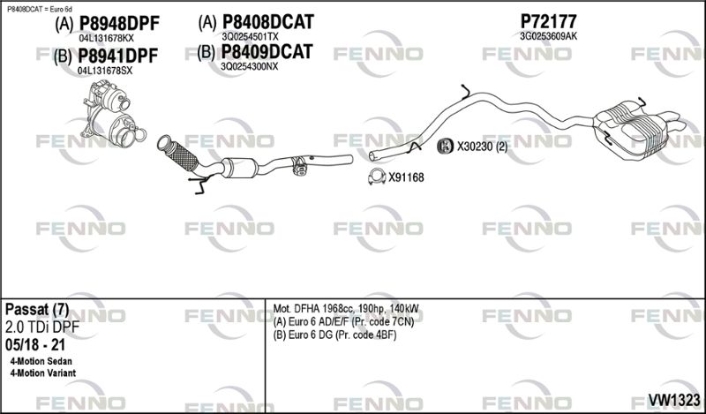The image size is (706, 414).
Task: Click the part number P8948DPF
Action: pos(119,24)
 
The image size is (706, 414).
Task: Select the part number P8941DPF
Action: pos(118,56)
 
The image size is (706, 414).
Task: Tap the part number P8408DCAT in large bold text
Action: pos(268,21)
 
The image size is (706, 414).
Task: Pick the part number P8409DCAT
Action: pos(267,52)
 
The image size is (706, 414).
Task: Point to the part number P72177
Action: pos(548,21)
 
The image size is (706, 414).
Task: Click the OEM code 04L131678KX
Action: pos(106,38)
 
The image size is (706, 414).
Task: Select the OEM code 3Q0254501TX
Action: pos(250,36)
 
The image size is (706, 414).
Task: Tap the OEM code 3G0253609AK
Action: pos(548,36)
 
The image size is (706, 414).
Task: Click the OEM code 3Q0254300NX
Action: pos(249,67)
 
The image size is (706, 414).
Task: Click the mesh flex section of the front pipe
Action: pos(183,156)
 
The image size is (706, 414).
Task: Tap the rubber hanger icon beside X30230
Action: pos(446,146)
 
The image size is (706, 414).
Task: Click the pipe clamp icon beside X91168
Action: pos(377,177)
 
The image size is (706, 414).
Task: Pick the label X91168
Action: pos(406,177)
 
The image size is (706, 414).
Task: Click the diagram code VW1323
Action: pos(673,400)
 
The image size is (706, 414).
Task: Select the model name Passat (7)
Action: pos(37,310)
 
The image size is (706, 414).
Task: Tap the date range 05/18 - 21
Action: pos(35,345)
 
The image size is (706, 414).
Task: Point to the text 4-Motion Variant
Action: pos(42,373)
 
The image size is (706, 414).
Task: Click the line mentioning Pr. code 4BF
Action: pos(335,335)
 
